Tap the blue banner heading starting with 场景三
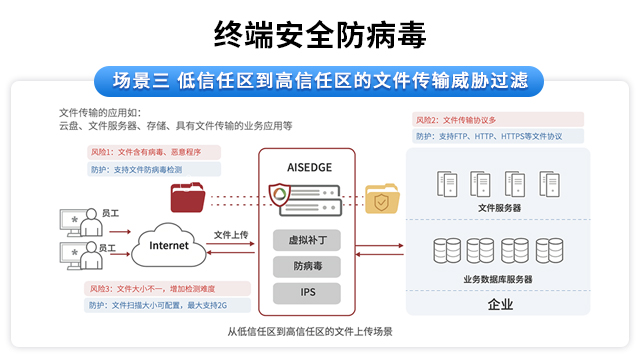coord(319,80)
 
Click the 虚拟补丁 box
coord(308,240)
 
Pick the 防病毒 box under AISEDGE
coord(308,267)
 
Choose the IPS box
coord(308,293)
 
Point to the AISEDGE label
coord(308,165)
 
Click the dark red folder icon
coord(188,196)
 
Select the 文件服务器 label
coord(499,208)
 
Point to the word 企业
coord(499,304)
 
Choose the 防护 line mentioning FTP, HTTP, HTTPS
coord(489,136)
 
